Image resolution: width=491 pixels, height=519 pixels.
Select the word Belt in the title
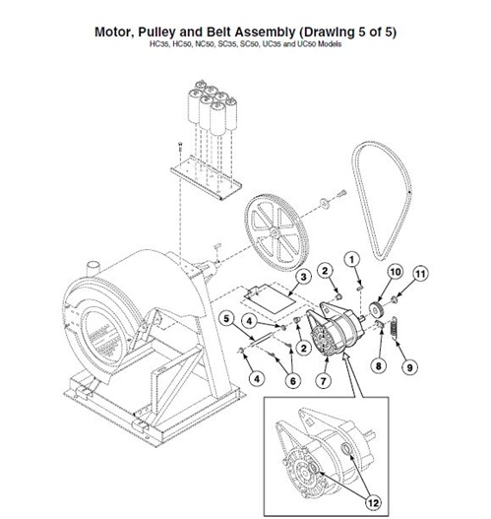(x=259, y=30)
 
